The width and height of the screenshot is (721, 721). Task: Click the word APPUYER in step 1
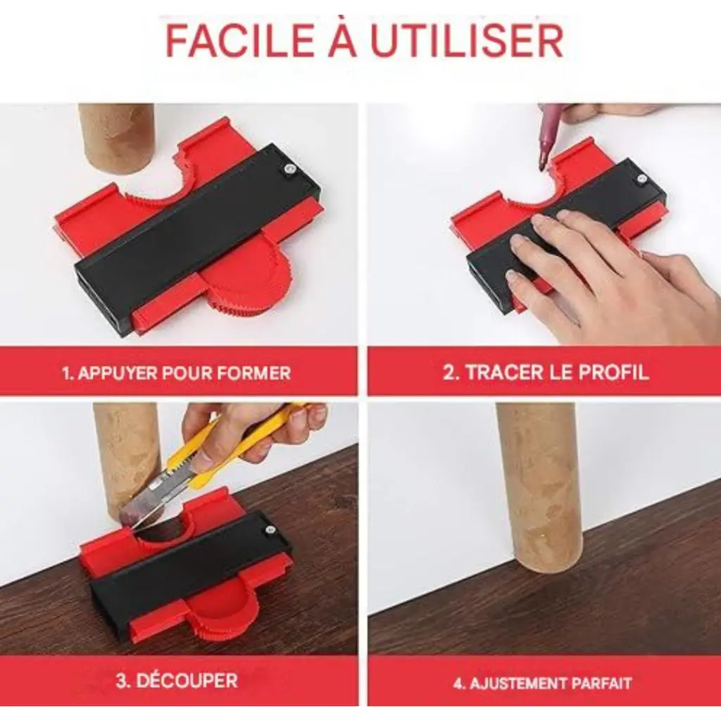pos(117,372)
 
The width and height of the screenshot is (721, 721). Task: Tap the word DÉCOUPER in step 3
pos(187,680)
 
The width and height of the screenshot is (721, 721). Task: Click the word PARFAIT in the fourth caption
pos(600,683)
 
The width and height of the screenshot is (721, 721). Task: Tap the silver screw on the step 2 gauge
pos(639,180)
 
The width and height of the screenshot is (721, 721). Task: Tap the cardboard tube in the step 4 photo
pos(536,487)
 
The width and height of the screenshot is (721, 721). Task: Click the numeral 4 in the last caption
pos(458,683)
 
